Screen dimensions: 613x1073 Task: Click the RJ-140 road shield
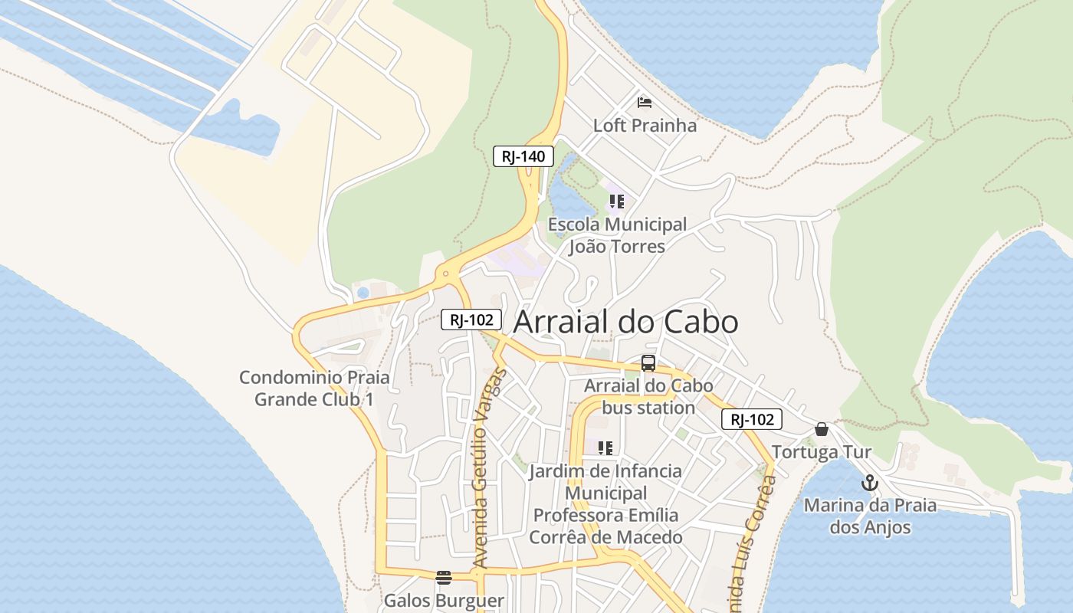(523, 156)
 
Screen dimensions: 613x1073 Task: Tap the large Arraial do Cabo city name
(625, 322)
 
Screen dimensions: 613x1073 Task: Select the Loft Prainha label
(645, 126)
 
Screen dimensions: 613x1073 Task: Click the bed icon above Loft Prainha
(645, 102)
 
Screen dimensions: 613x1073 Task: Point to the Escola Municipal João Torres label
(617, 235)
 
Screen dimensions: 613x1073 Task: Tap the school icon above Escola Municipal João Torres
(616, 202)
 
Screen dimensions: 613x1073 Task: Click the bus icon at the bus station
(648, 363)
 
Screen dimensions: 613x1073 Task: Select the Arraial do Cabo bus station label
(648, 396)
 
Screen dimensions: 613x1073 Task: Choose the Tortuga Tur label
(821, 452)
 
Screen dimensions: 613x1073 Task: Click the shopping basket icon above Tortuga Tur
(822, 429)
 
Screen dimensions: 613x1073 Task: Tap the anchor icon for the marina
(869, 483)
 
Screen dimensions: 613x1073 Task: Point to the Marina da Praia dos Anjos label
(870, 516)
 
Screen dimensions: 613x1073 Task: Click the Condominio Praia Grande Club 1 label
(314, 388)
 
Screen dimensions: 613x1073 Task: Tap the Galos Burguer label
(444, 601)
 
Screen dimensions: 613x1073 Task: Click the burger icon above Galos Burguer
(443, 577)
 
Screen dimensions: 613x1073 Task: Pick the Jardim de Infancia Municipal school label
(605, 503)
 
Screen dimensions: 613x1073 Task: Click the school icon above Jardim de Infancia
(605, 447)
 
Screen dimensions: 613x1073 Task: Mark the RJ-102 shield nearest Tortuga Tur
(751, 419)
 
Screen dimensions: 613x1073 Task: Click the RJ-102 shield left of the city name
(471, 320)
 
